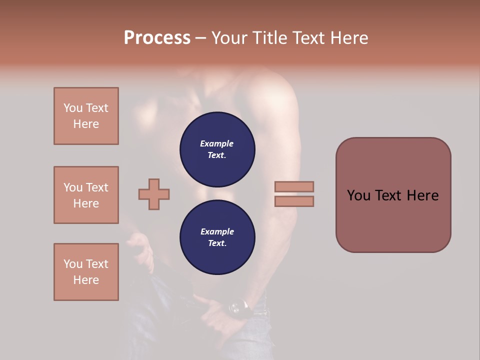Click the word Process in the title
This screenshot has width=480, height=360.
click(x=157, y=38)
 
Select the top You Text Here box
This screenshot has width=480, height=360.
click(x=86, y=116)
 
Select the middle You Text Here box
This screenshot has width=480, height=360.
click(x=86, y=195)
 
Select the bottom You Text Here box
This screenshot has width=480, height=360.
click(x=86, y=272)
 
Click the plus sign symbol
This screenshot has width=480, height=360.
click(x=154, y=194)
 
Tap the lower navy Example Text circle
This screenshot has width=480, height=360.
click(x=217, y=237)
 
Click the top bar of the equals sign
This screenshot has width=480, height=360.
click(x=294, y=186)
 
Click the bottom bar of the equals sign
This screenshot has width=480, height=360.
click(x=294, y=201)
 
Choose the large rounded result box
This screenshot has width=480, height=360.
click(x=393, y=195)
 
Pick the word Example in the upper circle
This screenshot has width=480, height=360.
click(x=217, y=143)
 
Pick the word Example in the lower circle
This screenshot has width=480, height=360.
click(x=217, y=231)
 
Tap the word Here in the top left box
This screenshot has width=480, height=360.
click(x=86, y=124)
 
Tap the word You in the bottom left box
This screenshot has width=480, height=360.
click(x=73, y=264)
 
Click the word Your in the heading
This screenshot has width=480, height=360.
click(x=229, y=38)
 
